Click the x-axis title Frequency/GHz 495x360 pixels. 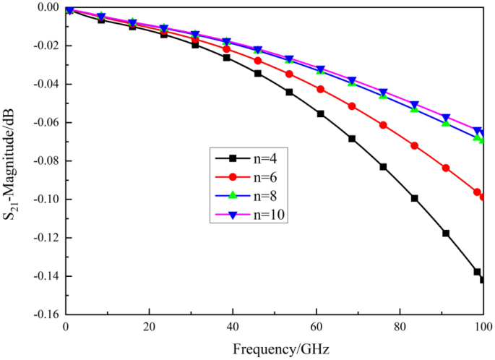tap(281, 349)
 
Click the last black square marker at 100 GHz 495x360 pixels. tap(483, 280)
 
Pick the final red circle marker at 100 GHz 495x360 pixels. tap(483, 197)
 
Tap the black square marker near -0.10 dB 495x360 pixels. tap(415, 198)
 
